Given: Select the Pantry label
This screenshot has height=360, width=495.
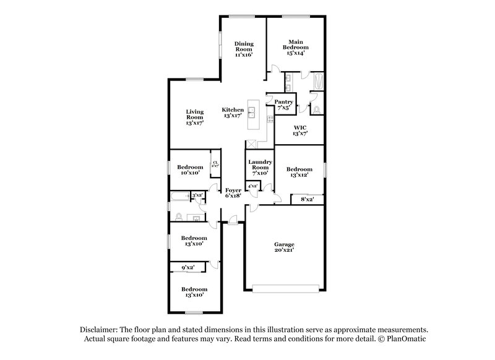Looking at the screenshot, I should point(283,105).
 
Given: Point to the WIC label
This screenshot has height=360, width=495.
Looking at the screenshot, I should point(299,130).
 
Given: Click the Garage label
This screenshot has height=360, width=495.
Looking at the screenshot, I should point(284,247).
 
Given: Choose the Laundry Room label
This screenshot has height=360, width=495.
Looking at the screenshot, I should point(259,168).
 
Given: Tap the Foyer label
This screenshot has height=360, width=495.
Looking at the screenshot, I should point(233,193).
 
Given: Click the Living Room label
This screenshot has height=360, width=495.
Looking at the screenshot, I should point(195,118).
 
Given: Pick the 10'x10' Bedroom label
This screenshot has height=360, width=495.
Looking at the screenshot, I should point(190,170).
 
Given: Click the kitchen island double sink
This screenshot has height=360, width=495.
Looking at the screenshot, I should point(252,113).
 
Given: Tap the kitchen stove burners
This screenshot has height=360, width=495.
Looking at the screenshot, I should point(270,118).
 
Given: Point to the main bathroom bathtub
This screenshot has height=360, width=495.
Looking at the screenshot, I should point(318,82).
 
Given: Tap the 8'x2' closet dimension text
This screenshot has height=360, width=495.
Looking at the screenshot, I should point(307,199).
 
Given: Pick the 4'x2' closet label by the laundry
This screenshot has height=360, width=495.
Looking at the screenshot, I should point(252,186).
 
